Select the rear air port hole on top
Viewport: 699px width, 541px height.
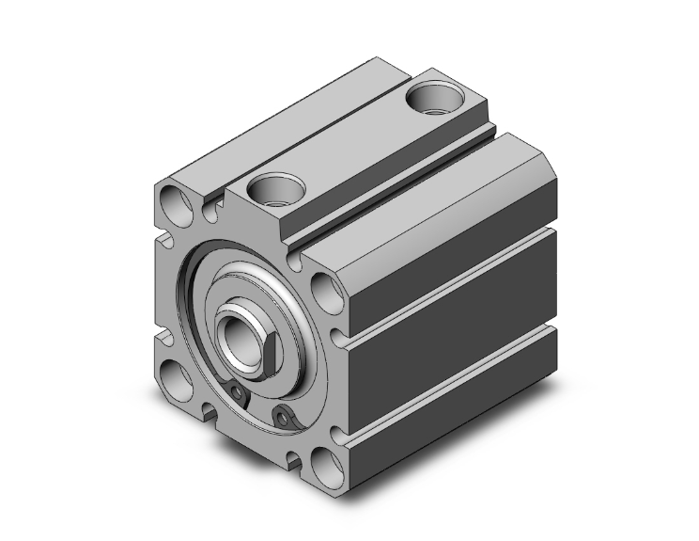[436, 99]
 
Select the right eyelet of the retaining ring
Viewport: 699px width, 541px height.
[280, 414]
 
